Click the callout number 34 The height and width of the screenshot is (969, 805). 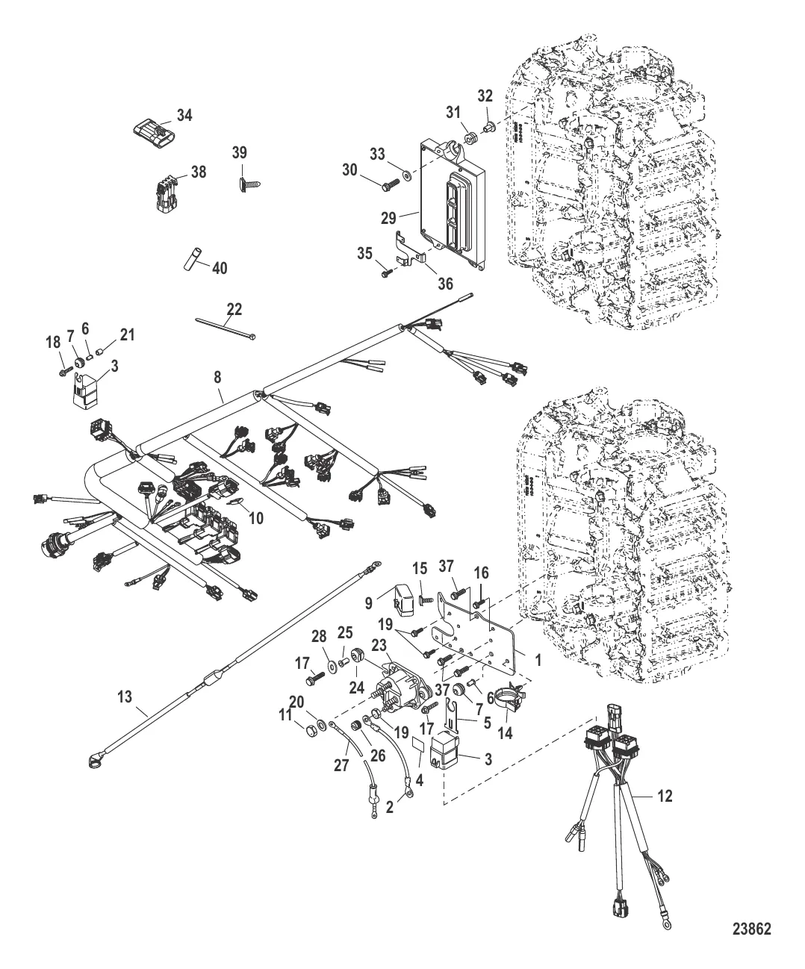click(184, 115)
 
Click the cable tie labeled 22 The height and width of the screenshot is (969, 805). click(227, 328)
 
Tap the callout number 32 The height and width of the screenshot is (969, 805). click(485, 95)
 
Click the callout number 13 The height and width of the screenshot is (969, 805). click(125, 697)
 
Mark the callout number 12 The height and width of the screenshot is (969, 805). click(665, 797)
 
